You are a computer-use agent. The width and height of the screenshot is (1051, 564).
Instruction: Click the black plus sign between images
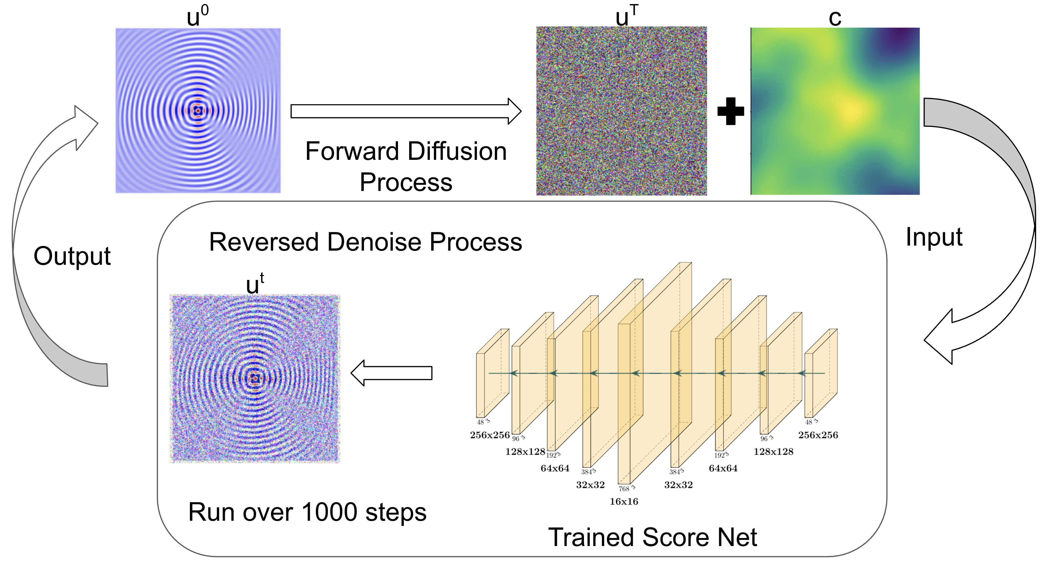point(730,111)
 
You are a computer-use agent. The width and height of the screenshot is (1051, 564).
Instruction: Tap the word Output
point(72,256)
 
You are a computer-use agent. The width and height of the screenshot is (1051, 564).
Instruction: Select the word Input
point(934,237)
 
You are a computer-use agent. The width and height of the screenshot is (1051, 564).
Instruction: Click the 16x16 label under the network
point(624,502)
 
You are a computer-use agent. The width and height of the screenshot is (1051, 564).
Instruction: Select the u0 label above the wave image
point(197,17)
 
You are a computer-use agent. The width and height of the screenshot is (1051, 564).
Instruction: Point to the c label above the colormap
point(835,18)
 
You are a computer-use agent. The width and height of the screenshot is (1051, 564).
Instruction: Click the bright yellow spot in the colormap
point(851,110)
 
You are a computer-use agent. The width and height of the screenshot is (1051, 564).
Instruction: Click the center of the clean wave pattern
point(198,110)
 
